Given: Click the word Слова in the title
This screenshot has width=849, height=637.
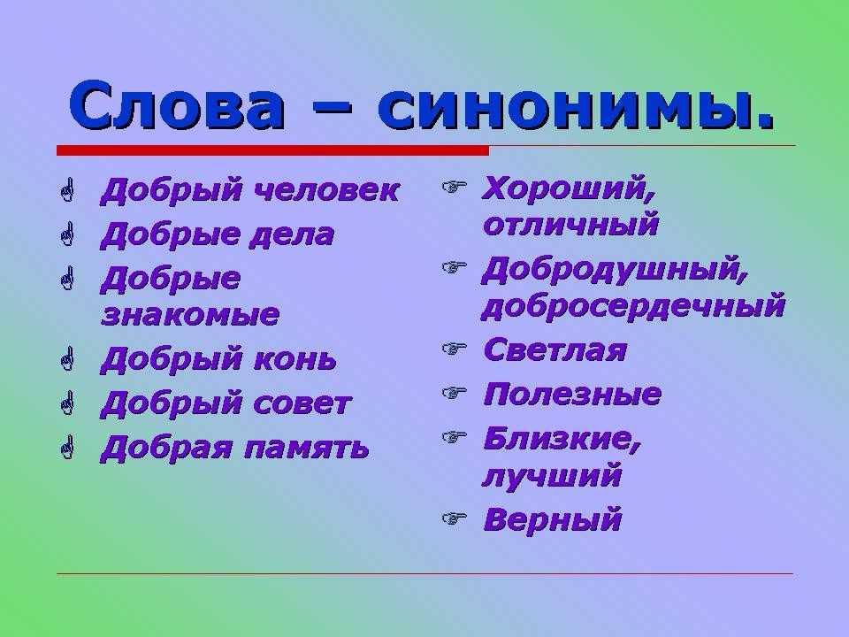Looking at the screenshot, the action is (x=177, y=105).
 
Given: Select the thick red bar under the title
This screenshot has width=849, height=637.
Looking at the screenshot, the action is (x=273, y=150).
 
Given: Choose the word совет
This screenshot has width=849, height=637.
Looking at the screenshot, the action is (x=302, y=404).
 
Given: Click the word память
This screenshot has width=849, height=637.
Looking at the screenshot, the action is (x=307, y=449).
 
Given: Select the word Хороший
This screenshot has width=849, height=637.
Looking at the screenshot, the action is (x=569, y=190).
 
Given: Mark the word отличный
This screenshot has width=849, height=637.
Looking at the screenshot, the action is (x=570, y=224).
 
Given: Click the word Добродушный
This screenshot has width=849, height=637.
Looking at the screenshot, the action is (x=616, y=271).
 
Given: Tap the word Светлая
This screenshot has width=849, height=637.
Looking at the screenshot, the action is (x=555, y=350).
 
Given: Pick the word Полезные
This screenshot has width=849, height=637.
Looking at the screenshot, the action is (x=572, y=394).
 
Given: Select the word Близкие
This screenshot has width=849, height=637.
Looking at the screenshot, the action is (x=562, y=439).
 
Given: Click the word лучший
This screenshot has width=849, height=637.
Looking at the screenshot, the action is (x=552, y=476).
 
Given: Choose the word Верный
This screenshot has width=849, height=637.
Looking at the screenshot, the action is (x=552, y=519).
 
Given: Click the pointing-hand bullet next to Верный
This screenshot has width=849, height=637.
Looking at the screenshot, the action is (x=454, y=519).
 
